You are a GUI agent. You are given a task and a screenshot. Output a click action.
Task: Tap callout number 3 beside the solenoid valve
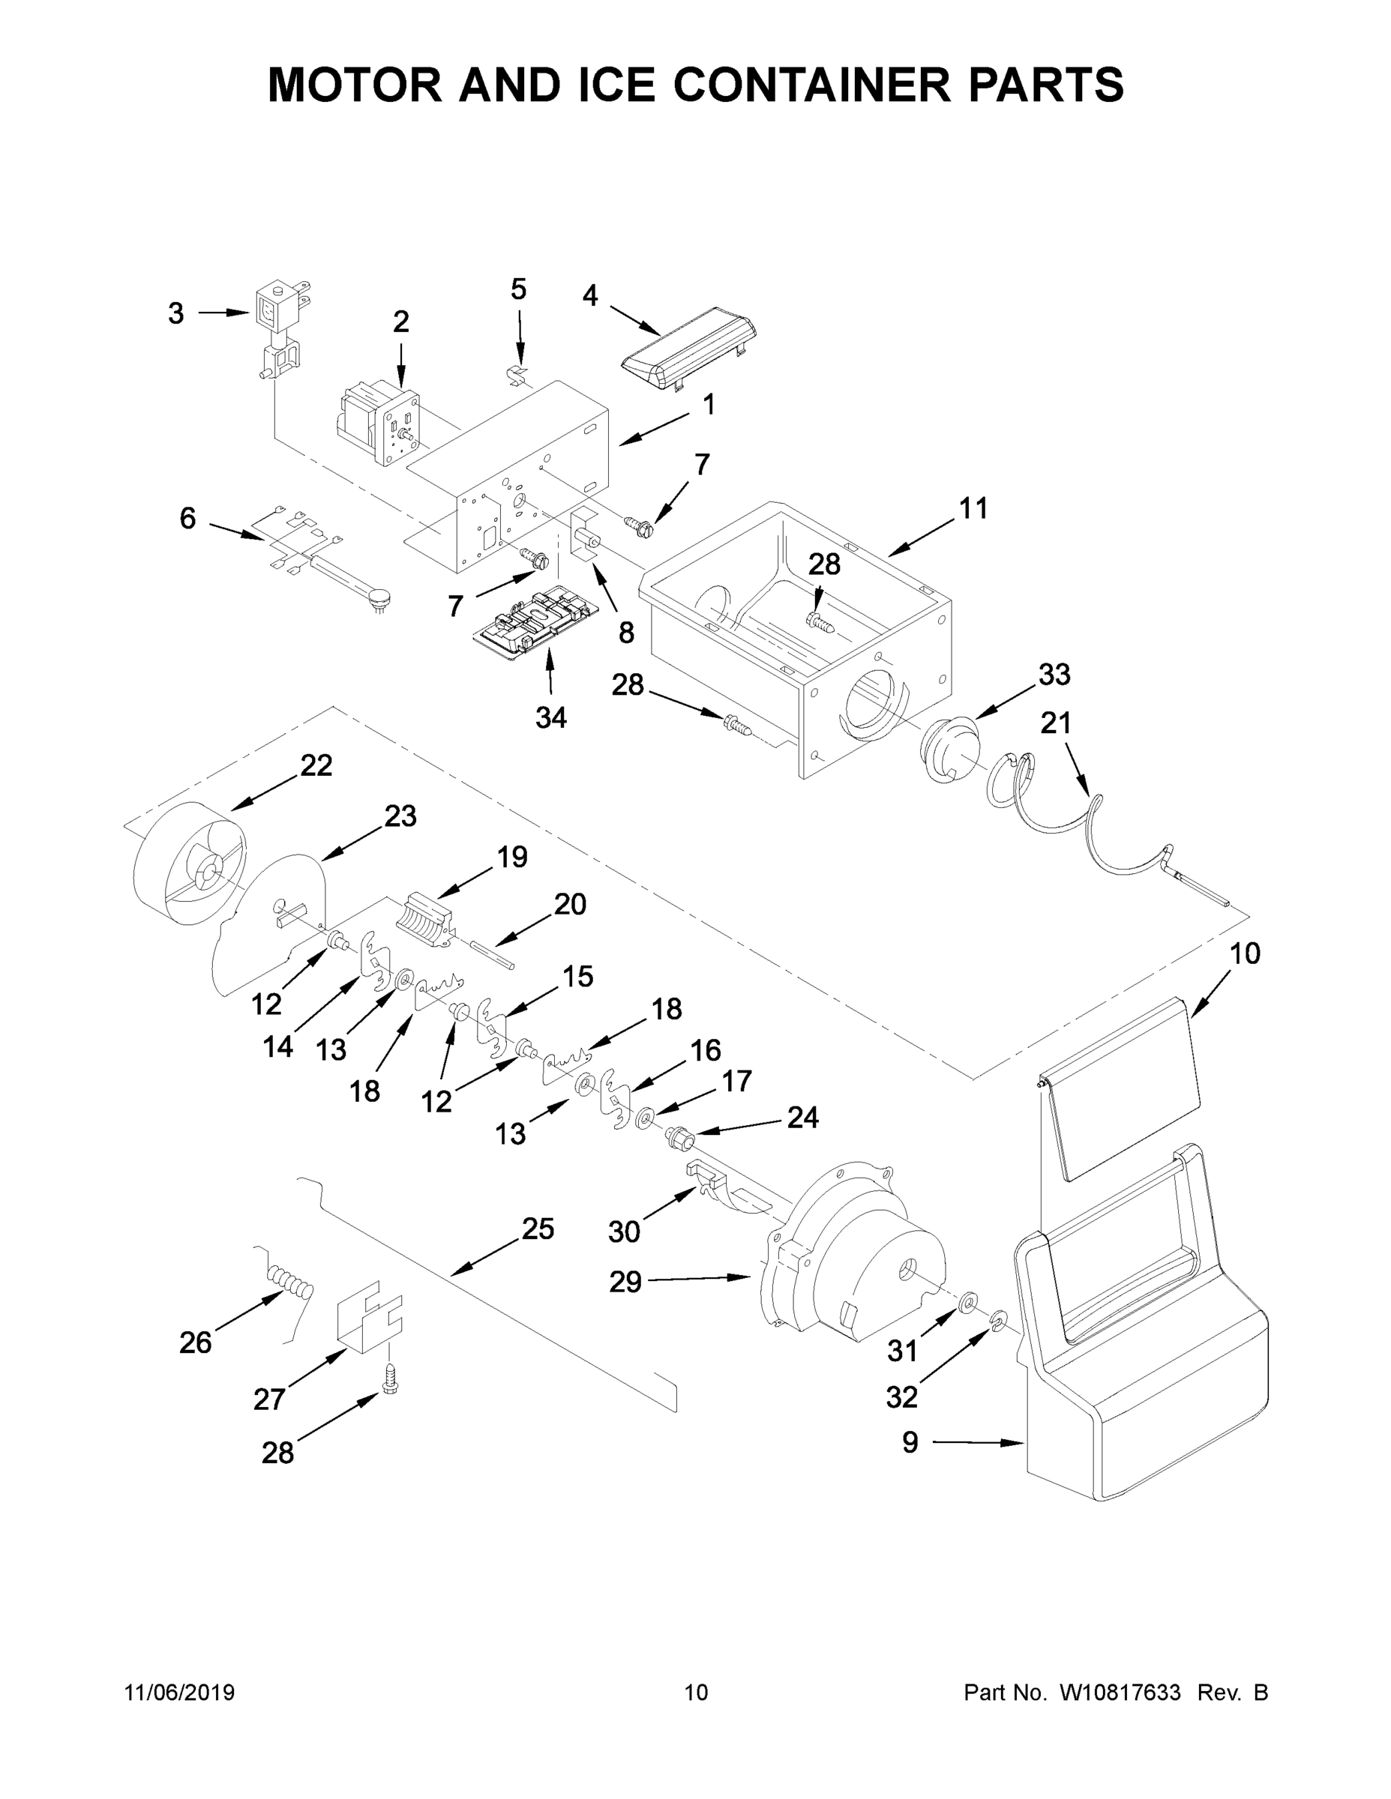click(x=175, y=313)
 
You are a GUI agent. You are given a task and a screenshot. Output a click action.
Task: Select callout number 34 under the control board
click(x=550, y=717)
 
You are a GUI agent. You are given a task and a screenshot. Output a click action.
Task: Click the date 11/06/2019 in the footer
click(x=180, y=1693)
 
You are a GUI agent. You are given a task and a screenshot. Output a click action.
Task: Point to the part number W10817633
click(x=1119, y=1693)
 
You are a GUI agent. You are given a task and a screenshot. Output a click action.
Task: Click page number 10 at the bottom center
click(x=697, y=1693)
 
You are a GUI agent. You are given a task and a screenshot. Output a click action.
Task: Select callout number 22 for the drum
click(x=316, y=765)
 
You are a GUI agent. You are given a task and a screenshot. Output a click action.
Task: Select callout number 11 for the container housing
click(x=973, y=508)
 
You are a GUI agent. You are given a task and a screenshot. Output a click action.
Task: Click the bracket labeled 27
click(x=368, y=1322)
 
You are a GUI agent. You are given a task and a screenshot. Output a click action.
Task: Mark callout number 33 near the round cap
click(x=1054, y=674)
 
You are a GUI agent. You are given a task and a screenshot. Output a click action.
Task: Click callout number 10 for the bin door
click(x=1244, y=954)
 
